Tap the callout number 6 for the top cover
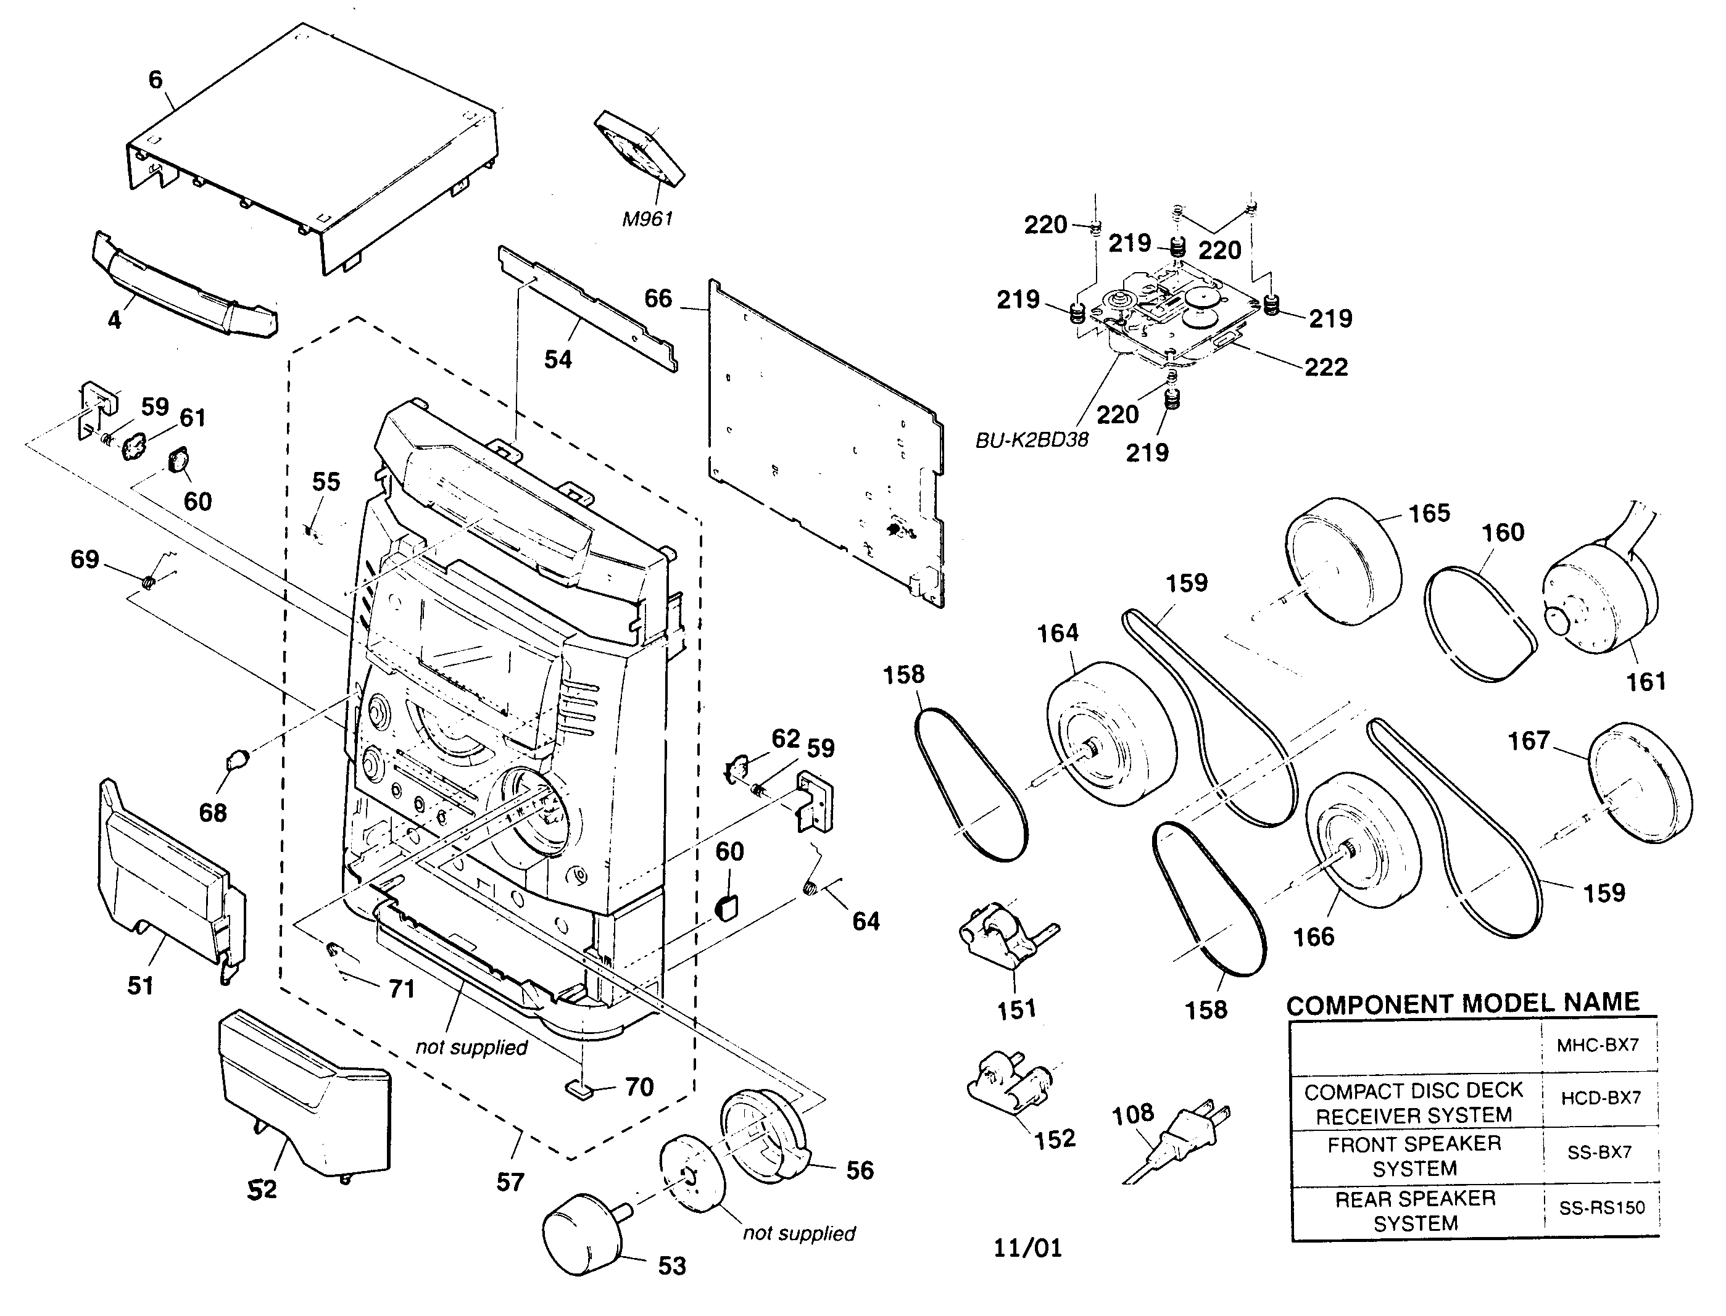(x=156, y=79)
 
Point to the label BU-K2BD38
(x=1031, y=441)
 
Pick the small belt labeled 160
(x=1479, y=624)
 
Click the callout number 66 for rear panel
(x=658, y=299)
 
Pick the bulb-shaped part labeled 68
(x=236, y=758)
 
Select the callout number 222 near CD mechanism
(x=1326, y=366)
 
